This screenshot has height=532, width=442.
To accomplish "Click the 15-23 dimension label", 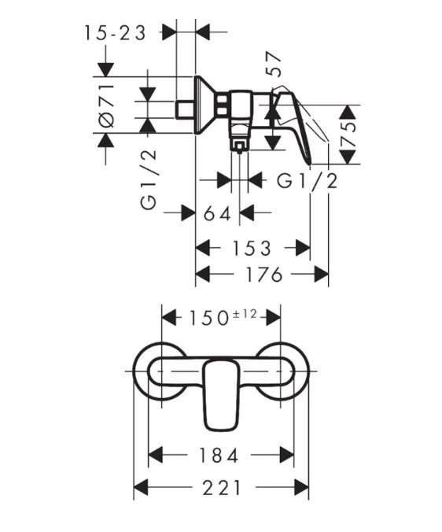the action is tap(115, 33).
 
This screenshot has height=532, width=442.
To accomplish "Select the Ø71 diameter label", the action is tap(107, 105).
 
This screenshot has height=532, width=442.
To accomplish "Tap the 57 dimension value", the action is tap(274, 64).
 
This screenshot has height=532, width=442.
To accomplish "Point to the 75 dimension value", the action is tap(348, 134).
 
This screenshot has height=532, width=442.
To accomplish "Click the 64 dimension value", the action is tap(218, 214).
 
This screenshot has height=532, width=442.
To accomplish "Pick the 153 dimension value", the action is tap(252, 249).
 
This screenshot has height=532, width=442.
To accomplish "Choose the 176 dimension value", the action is tap(264, 274).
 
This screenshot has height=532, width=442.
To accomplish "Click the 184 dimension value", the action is tap(219, 455).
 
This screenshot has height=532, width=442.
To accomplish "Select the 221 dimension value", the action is tap(222, 488).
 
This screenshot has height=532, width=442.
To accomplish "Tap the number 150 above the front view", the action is tap(208, 318).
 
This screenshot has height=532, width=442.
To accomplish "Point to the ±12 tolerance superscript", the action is tap(245, 314).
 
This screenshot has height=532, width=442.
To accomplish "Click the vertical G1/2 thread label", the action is tap(149, 179).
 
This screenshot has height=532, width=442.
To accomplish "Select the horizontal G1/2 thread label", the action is tap(308, 181).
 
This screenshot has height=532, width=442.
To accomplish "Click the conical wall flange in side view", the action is tap(204, 105).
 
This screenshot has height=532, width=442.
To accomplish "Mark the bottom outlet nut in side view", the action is tap(239, 146).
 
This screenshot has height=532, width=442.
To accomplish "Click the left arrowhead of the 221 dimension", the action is tap(141, 488).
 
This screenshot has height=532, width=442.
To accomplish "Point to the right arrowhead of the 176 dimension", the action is tap(322, 274).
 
